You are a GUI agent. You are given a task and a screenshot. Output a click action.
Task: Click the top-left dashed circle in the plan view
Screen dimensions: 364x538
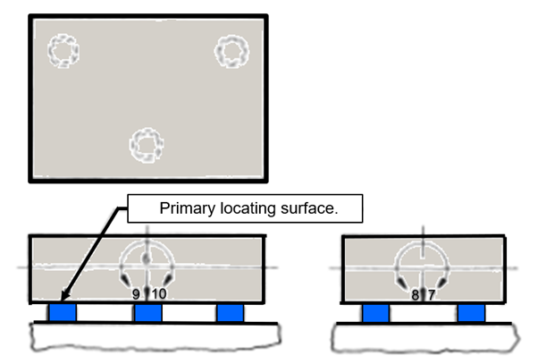click(62, 50)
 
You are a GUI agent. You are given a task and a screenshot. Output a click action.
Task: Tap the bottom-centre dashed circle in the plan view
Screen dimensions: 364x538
click(145, 143)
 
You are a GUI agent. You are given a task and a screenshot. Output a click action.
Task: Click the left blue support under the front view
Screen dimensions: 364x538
click(63, 312)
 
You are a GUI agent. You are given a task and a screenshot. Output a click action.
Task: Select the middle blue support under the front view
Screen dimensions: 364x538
click(147, 312)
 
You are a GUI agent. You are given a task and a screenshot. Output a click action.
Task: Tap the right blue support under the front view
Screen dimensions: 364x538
click(231, 312)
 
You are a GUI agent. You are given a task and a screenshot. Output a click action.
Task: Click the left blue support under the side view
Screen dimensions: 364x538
click(375, 312)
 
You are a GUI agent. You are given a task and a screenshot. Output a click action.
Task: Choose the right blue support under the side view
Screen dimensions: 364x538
click(471, 312)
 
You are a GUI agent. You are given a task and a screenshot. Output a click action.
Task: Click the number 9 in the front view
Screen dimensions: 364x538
click(136, 293)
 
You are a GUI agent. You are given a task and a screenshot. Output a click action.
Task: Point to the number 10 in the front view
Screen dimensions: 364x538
click(158, 293)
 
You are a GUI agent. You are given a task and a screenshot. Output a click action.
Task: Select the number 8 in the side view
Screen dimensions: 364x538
click(415, 293)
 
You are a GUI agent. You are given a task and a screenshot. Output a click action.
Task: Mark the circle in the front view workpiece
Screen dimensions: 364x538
click(147, 265)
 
